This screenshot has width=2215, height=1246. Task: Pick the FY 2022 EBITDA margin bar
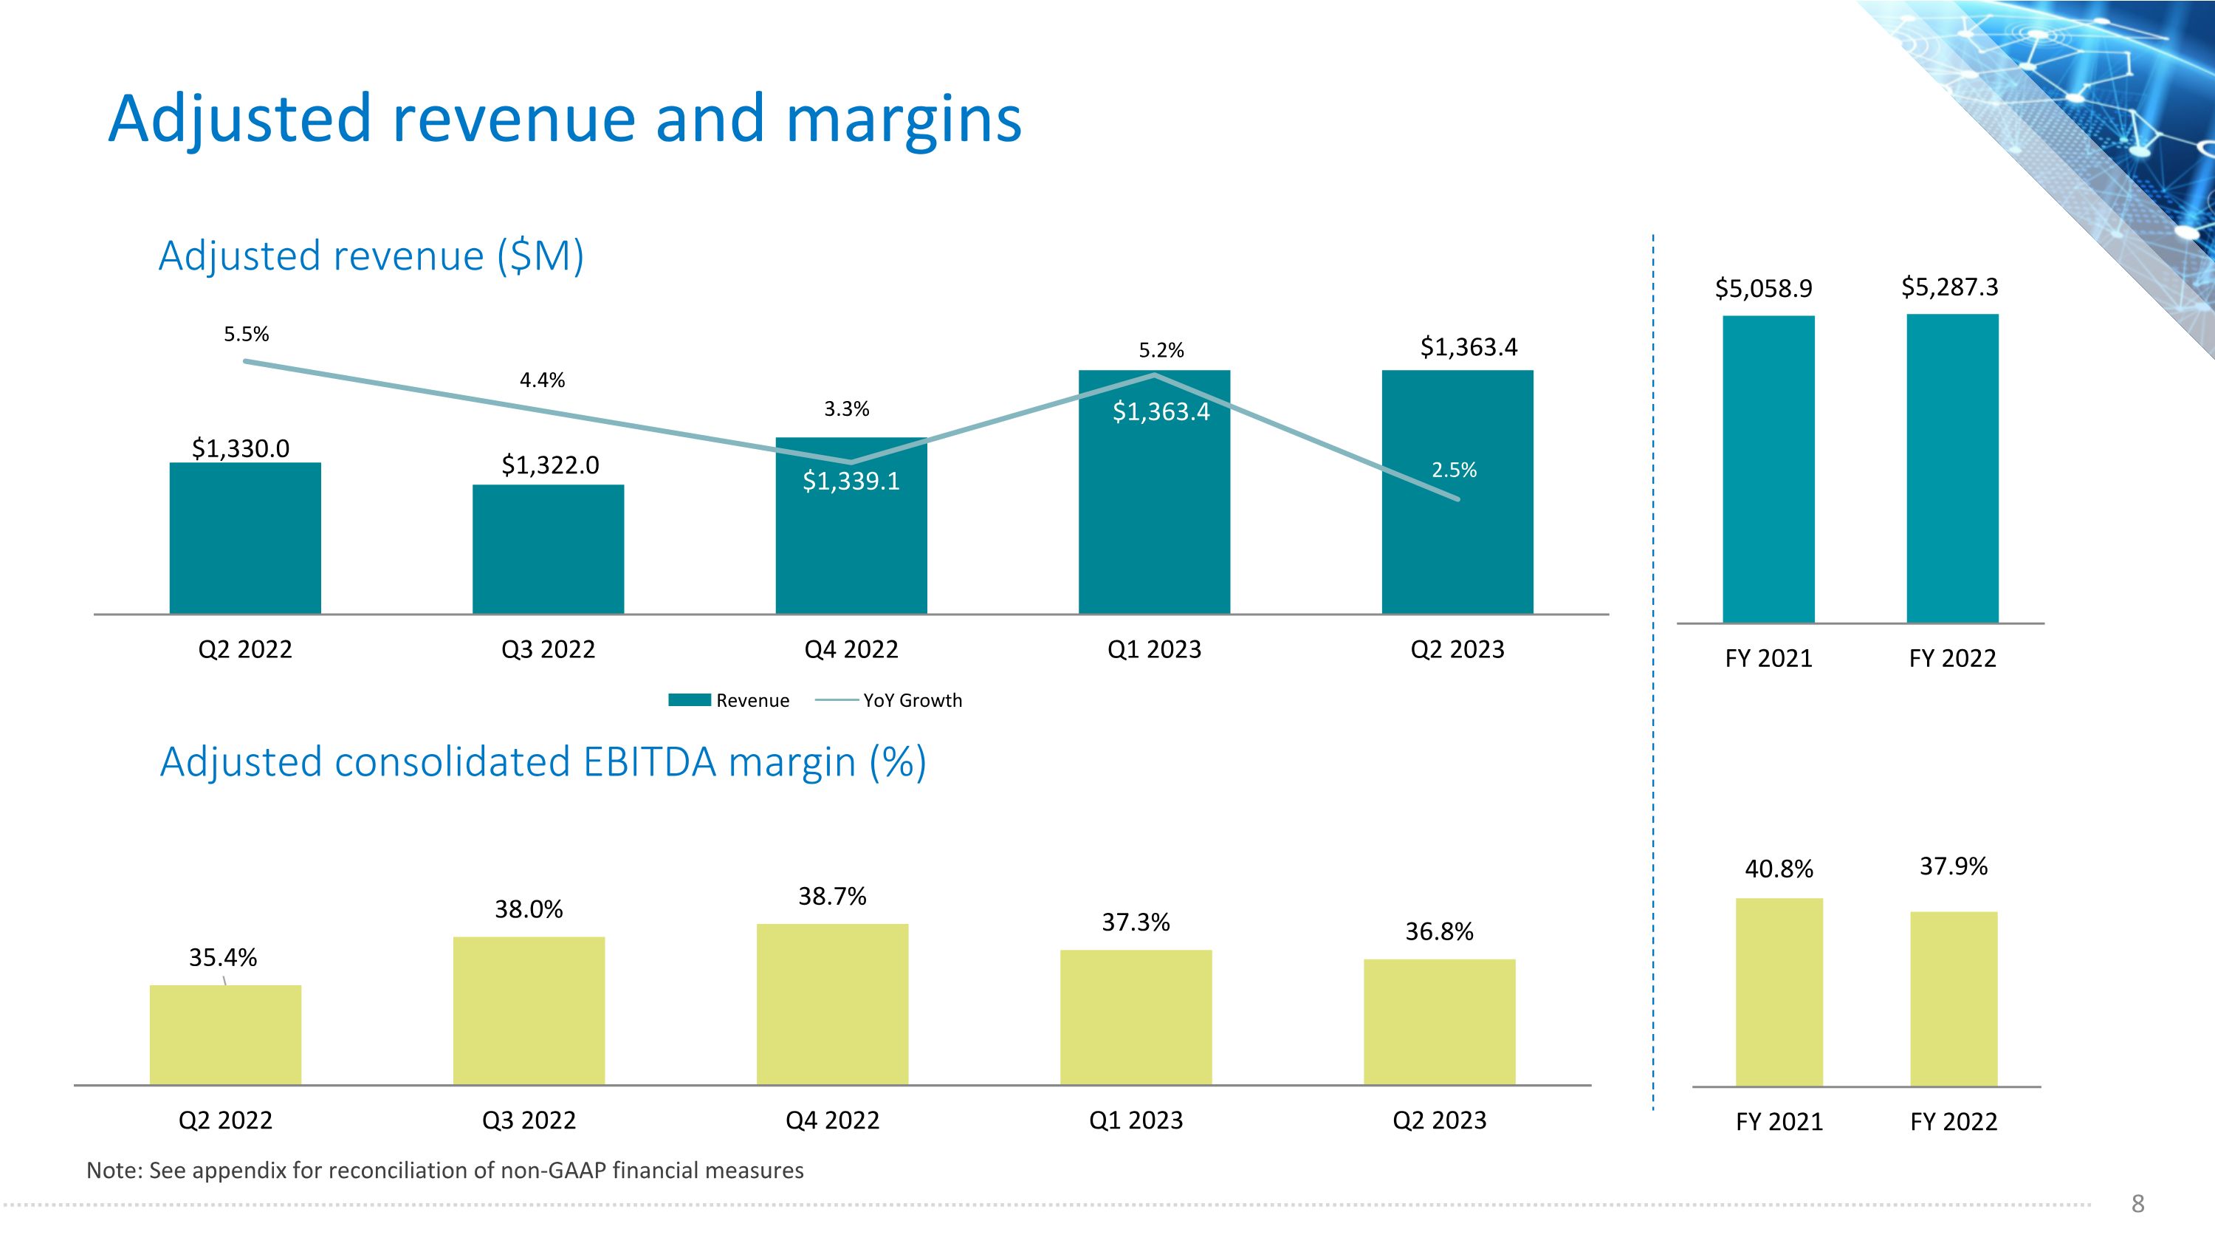pyautogui.click(x=1953, y=999)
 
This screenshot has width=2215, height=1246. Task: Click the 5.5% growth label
pyautogui.click(x=246, y=335)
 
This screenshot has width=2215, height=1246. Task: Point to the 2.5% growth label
pyautogui.click(x=1453, y=470)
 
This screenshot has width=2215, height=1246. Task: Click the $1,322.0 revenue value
pyautogui.click(x=549, y=465)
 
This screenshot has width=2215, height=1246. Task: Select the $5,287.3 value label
pyautogui.click(x=1949, y=287)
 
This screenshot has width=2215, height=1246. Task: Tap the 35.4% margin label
pyautogui.click(x=223, y=957)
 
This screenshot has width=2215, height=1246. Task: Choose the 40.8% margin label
pyautogui.click(x=1778, y=869)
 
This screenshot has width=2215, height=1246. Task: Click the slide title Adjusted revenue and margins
pyautogui.click(x=565, y=119)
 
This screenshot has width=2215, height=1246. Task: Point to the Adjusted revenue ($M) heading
pyautogui.click(x=371, y=256)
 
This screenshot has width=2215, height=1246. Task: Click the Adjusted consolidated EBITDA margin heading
pyautogui.click(x=543, y=762)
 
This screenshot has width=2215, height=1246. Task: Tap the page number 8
pyautogui.click(x=2137, y=1203)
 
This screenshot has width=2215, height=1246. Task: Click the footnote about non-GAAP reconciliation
pyautogui.click(x=444, y=1171)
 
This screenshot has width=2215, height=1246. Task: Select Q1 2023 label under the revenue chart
pyautogui.click(x=1154, y=649)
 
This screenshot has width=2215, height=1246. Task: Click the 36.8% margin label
pyautogui.click(x=1438, y=931)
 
